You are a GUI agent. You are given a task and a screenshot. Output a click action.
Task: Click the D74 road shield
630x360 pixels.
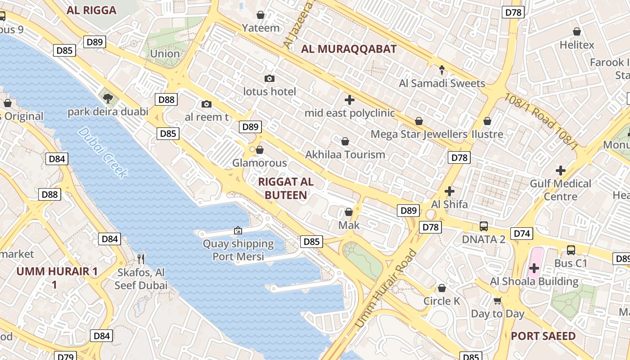tap(522, 234)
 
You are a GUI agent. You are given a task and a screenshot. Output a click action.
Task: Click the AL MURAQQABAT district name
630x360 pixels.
tap(349, 49)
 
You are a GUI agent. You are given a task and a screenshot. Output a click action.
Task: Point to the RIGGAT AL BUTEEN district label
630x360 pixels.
tap(286, 189)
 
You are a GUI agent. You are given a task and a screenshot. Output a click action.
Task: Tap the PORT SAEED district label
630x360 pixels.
tap(543, 336)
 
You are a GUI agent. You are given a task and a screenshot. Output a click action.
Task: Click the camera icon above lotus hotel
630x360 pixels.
tap(269, 79)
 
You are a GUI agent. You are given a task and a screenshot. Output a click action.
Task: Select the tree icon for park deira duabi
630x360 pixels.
tap(108, 98)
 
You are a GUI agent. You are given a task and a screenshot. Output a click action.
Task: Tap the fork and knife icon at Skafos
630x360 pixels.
tap(141, 258)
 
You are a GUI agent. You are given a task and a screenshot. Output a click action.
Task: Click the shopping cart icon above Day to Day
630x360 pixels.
tap(497, 301)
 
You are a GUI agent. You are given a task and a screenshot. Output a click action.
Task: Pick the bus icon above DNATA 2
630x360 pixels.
tap(484, 226)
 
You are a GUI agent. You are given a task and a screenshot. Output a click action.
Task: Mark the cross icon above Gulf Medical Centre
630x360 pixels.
tap(560, 171)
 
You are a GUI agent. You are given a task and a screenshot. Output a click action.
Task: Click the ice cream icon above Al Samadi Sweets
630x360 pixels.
tap(442, 70)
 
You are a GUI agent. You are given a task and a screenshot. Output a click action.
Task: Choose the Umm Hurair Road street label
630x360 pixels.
tap(386, 288)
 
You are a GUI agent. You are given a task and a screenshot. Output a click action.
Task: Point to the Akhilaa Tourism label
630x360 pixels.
tap(345, 154)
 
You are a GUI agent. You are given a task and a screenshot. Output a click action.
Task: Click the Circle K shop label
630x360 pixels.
tap(442, 301)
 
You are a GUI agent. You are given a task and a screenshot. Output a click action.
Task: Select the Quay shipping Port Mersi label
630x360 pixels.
tap(238, 250)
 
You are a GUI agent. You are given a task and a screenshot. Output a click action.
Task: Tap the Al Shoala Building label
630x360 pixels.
tap(534, 282)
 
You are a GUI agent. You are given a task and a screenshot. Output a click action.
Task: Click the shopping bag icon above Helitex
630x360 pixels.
tap(577, 31)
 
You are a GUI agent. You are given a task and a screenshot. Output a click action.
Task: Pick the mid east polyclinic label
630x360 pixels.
tap(350, 113)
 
